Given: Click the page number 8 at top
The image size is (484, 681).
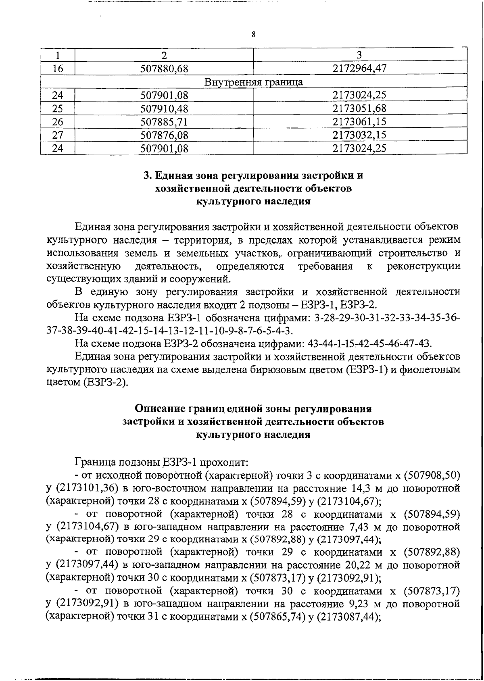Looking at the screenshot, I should pos(253,34).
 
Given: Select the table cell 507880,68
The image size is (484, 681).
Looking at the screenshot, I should pos(164,69).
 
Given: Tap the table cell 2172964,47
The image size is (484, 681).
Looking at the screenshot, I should pos(359,69).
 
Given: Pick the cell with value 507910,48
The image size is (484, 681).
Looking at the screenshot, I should pos(164,108).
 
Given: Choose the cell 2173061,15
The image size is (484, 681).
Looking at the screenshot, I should pos(359,122).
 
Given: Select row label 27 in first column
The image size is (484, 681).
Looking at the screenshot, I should pos(58,135).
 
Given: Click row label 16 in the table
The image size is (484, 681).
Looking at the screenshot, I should pos(58,69).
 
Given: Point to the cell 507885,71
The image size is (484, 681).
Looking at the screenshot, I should pos(164,122).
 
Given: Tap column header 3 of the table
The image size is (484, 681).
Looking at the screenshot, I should pos(359,55).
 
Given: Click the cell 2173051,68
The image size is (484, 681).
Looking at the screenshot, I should pos(359,108).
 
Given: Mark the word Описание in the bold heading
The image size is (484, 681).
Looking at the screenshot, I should pos(160,409).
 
